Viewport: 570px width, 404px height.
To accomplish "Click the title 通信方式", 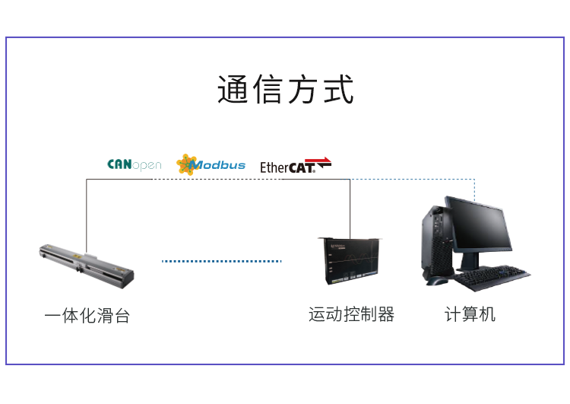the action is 285,89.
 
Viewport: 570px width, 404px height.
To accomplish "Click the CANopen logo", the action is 134,164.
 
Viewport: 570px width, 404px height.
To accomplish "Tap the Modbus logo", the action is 211,164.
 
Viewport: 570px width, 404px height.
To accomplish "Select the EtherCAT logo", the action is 296,166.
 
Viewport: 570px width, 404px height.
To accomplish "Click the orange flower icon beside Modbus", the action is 186,164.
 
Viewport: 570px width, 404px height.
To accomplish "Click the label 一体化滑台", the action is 87,315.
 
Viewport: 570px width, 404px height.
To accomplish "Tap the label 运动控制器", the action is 352,314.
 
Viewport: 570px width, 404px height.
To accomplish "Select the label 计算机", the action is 470,314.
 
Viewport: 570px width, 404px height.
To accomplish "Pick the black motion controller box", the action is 351,261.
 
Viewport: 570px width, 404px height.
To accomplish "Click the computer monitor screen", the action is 479,226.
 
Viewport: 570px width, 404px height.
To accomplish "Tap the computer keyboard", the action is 492,278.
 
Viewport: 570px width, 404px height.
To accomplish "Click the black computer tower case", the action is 437,242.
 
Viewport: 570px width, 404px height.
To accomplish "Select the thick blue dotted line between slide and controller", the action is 221,261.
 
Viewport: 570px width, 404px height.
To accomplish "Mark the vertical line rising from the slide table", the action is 87,215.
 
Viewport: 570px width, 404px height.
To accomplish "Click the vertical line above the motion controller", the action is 350,209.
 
